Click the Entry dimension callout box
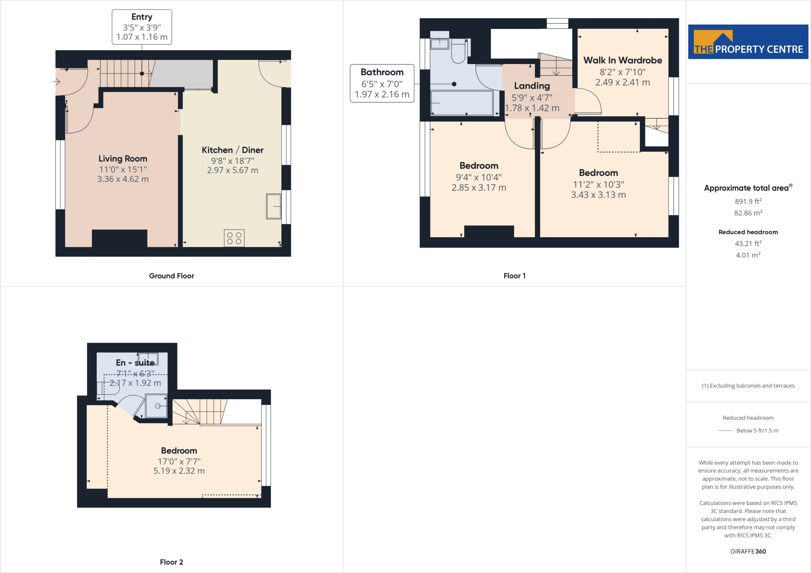point(142,27)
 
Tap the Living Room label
point(123,159)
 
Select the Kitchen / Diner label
point(232,150)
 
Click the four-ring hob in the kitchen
point(234,238)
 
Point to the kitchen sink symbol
point(273,206)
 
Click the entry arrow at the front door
point(56,82)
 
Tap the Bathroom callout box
point(382,83)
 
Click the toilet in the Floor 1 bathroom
point(459,53)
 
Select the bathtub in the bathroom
point(462,103)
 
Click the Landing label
point(532,86)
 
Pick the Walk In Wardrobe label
point(623,61)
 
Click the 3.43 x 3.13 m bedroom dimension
point(598,195)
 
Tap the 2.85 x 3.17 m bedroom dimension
point(479,188)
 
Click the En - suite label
point(135,363)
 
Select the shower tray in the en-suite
point(156,406)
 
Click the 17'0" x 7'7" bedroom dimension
point(179,461)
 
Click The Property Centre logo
point(748,42)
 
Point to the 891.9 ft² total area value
point(748,201)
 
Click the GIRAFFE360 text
point(748,551)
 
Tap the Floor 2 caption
point(171,562)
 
